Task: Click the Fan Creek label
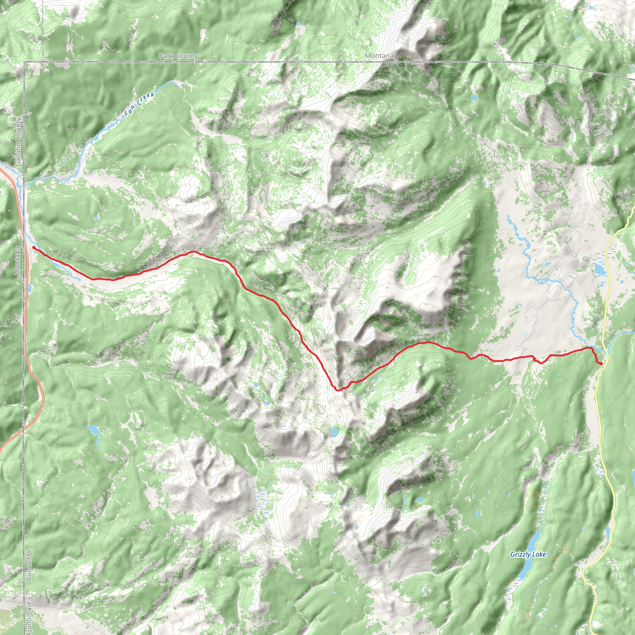coord(140,104)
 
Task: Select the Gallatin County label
coord(18,142)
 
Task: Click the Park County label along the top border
coord(179,56)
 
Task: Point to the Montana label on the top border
coord(379,56)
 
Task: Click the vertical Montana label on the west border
coord(18,261)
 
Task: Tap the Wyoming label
coord(29,565)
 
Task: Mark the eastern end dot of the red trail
coord(601,363)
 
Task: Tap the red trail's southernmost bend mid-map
coord(338,390)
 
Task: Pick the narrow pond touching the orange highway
coord(30,288)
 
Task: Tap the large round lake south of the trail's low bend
coord(335,432)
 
